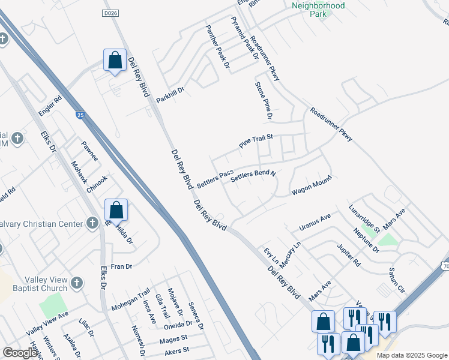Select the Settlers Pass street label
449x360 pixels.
pyautogui.click(x=215, y=179)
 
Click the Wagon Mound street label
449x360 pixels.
pyautogui.click(x=312, y=185)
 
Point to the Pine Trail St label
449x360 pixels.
pyautogui.click(x=256, y=141)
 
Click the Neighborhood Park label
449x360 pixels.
pyautogui.click(x=318, y=9)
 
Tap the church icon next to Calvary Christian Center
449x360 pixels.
pyautogui.click(x=92, y=224)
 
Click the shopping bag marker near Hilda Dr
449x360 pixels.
pyautogui.click(x=116, y=211)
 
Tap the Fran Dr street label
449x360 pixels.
pyautogui.click(x=121, y=266)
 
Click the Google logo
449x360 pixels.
pyautogui.click(x=20, y=353)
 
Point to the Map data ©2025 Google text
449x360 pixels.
pyautogui.click(x=412, y=355)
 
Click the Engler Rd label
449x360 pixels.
pyautogui.click(x=50, y=106)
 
